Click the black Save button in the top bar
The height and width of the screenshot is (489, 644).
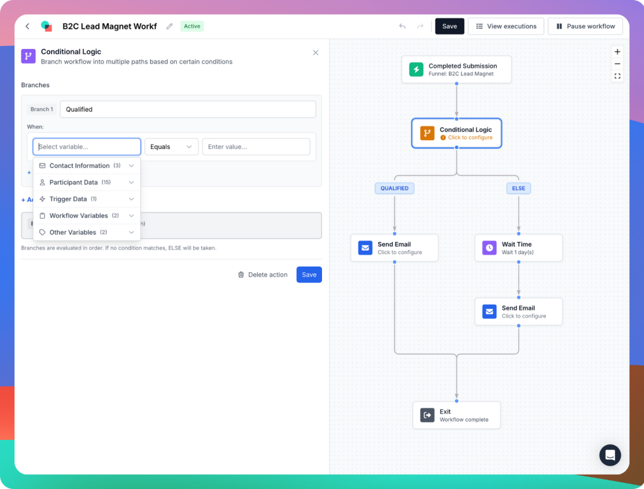pyautogui.click(x=449, y=26)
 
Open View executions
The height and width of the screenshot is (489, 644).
pyautogui.click(x=506, y=26)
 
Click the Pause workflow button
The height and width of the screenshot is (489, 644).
pyautogui.click(x=585, y=26)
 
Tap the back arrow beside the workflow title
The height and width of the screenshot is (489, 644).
pyautogui.click(x=27, y=26)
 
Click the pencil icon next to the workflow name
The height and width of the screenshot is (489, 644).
pyautogui.click(x=169, y=26)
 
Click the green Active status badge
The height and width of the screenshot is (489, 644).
pyautogui.click(x=192, y=26)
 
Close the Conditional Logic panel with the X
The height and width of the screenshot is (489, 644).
pyautogui.click(x=316, y=53)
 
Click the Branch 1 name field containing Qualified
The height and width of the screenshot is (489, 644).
pyautogui.click(x=187, y=109)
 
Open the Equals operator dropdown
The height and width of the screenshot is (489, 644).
pyautogui.click(x=171, y=147)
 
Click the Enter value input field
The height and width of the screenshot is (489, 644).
pyautogui.click(x=256, y=147)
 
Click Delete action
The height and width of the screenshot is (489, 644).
pyautogui.click(x=262, y=275)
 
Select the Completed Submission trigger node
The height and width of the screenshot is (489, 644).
pyautogui.click(x=457, y=69)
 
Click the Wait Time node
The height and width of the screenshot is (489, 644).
pyautogui.click(x=518, y=248)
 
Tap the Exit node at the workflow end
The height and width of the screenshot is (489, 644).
pyautogui.click(x=457, y=415)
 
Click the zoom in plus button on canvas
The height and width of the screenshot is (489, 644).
pyautogui.click(x=618, y=52)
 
